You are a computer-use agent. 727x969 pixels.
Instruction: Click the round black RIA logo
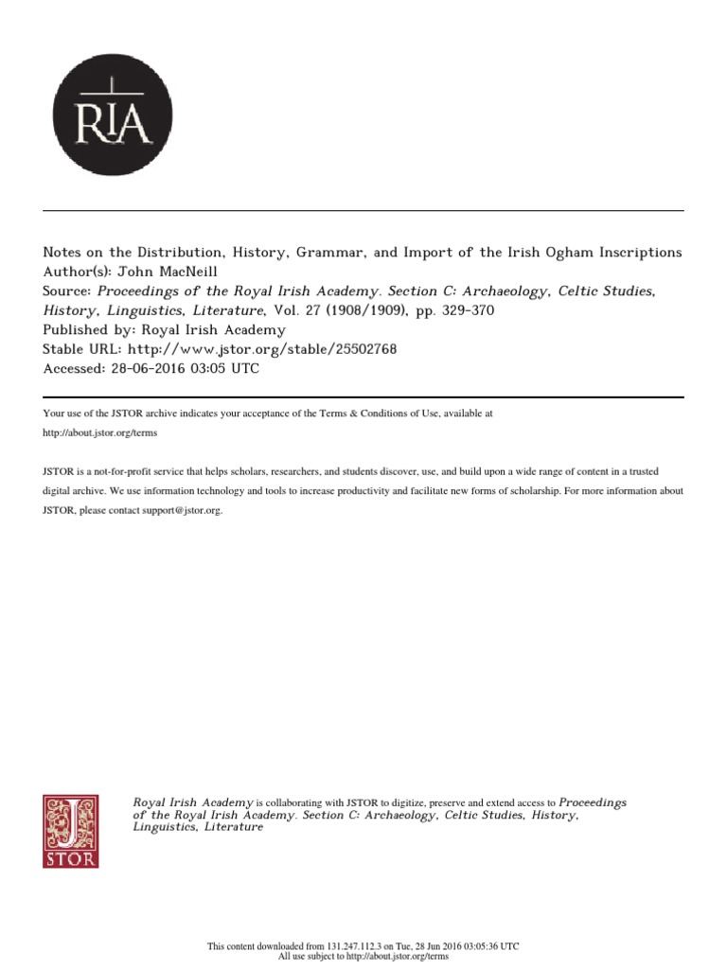click(113, 115)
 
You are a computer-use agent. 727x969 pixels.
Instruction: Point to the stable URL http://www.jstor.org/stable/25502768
click(255, 349)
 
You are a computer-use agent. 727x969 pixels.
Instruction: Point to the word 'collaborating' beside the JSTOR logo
click(293, 802)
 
